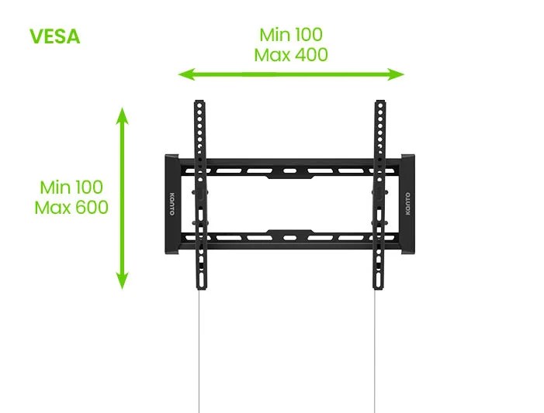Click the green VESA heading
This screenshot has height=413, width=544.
point(54,36)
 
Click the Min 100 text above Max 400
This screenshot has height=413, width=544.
point(291,35)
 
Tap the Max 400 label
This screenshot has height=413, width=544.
point(291,55)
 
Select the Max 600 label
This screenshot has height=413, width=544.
point(71,208)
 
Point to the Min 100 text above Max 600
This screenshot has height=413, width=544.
point(71,188)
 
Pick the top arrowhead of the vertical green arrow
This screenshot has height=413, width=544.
point(122,115)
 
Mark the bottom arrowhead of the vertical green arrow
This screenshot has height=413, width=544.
point(122,284)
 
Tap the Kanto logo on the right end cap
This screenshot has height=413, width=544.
point(408,206)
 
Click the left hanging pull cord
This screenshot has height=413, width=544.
point(199,349)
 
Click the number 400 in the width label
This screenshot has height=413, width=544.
point(310,55)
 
